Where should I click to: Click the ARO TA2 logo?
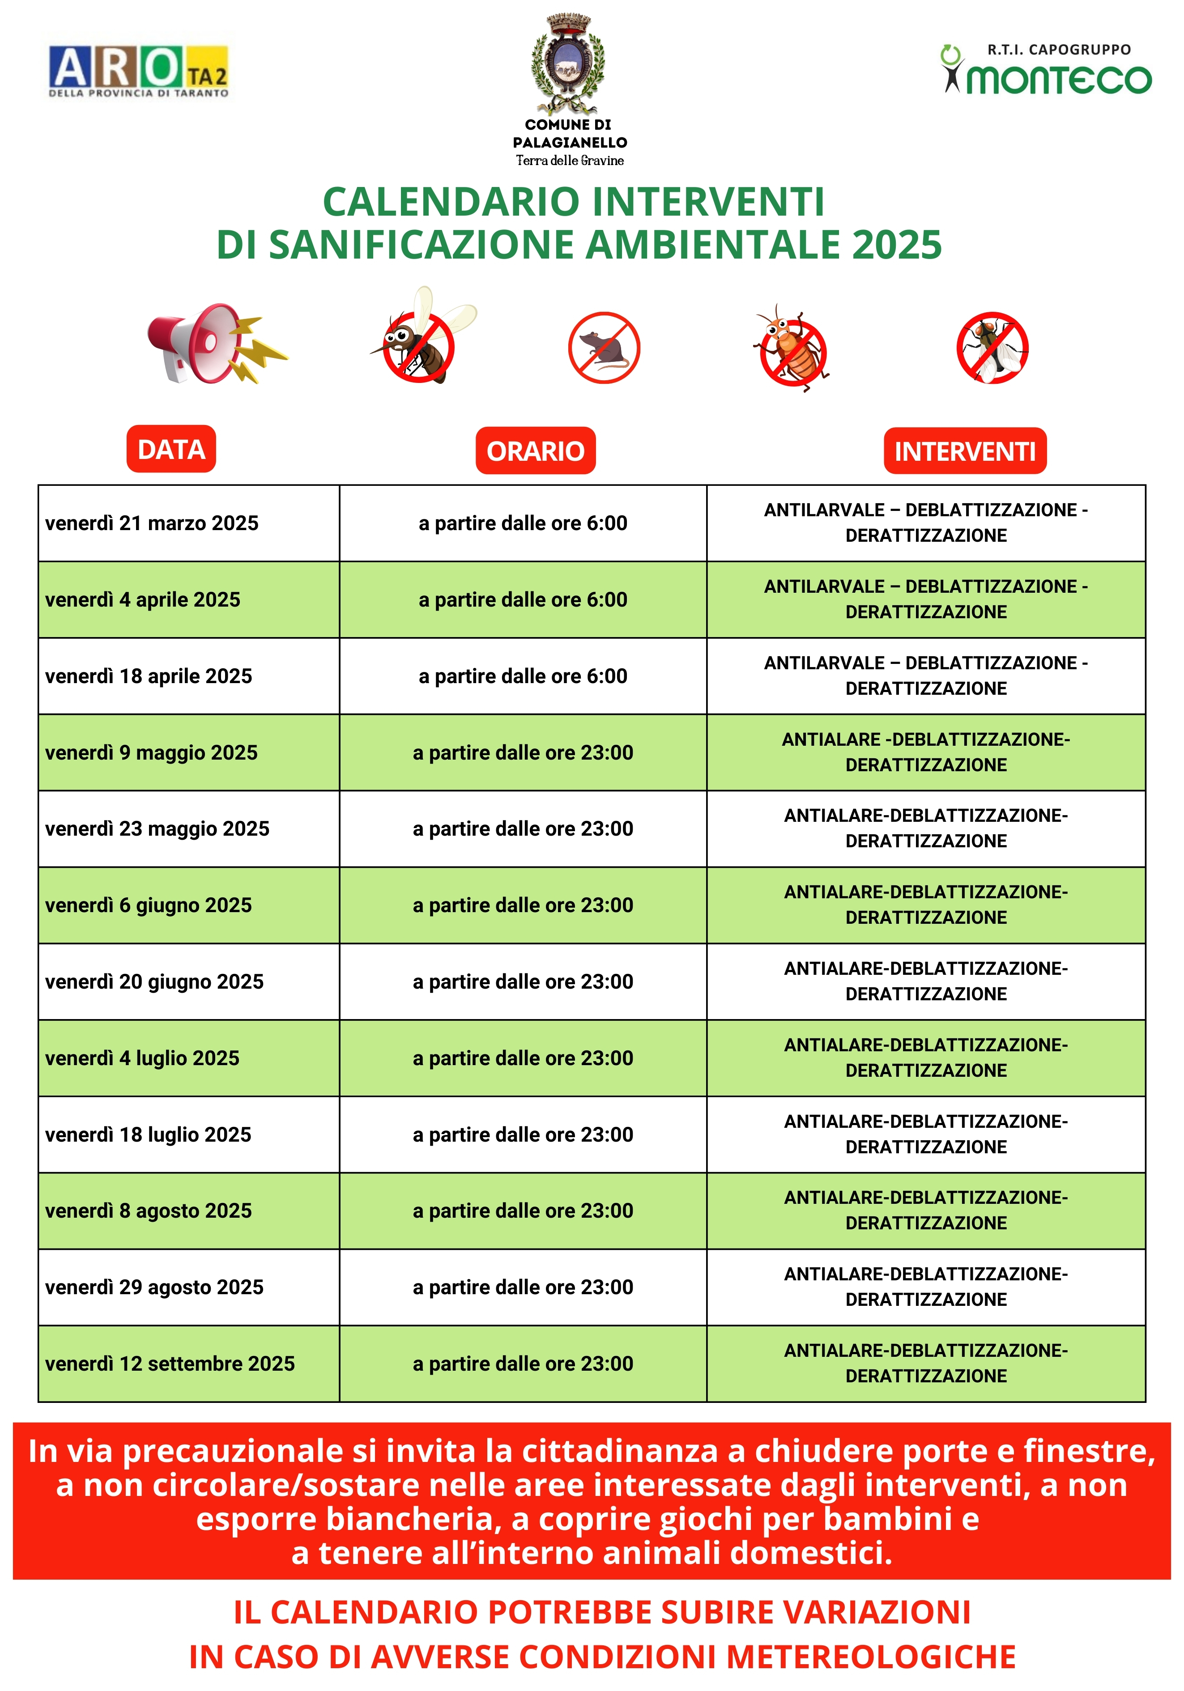point(139,71)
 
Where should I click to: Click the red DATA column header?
point(171,449)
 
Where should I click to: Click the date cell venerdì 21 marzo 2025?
point(152,523)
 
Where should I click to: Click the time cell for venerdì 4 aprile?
point(522,599)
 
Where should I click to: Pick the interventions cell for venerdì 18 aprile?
point(925,676)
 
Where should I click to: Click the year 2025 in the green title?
point(897,245)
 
